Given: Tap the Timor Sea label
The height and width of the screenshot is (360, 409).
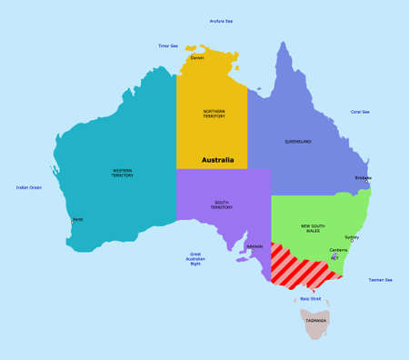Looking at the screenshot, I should tap(168, 45).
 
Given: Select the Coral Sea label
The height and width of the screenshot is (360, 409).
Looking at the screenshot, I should tap(360, 112).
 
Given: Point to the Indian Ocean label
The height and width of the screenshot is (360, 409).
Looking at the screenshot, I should tap(28, 187).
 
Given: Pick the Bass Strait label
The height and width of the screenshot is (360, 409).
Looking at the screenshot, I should tap(311, 298).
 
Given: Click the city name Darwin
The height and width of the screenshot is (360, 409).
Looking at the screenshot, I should tap(197, 57).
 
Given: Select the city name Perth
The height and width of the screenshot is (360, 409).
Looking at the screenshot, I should tap(78, 219).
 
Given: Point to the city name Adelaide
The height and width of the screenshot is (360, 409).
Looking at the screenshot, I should tap(254, 246).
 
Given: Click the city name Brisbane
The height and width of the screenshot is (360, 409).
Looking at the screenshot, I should tap(364, 178).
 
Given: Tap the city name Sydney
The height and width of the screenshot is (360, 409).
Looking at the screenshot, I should tap(352, 237).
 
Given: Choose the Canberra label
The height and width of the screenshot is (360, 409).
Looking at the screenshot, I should tap(338, 249).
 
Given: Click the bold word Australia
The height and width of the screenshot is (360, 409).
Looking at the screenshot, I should tap(218, 160).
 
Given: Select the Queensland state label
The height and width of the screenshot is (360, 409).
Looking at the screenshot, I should tap(297, 141).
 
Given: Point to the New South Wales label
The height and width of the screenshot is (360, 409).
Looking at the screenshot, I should tap(314, 227).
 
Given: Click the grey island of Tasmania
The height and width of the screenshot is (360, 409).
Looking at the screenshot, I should tap(316, 321).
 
